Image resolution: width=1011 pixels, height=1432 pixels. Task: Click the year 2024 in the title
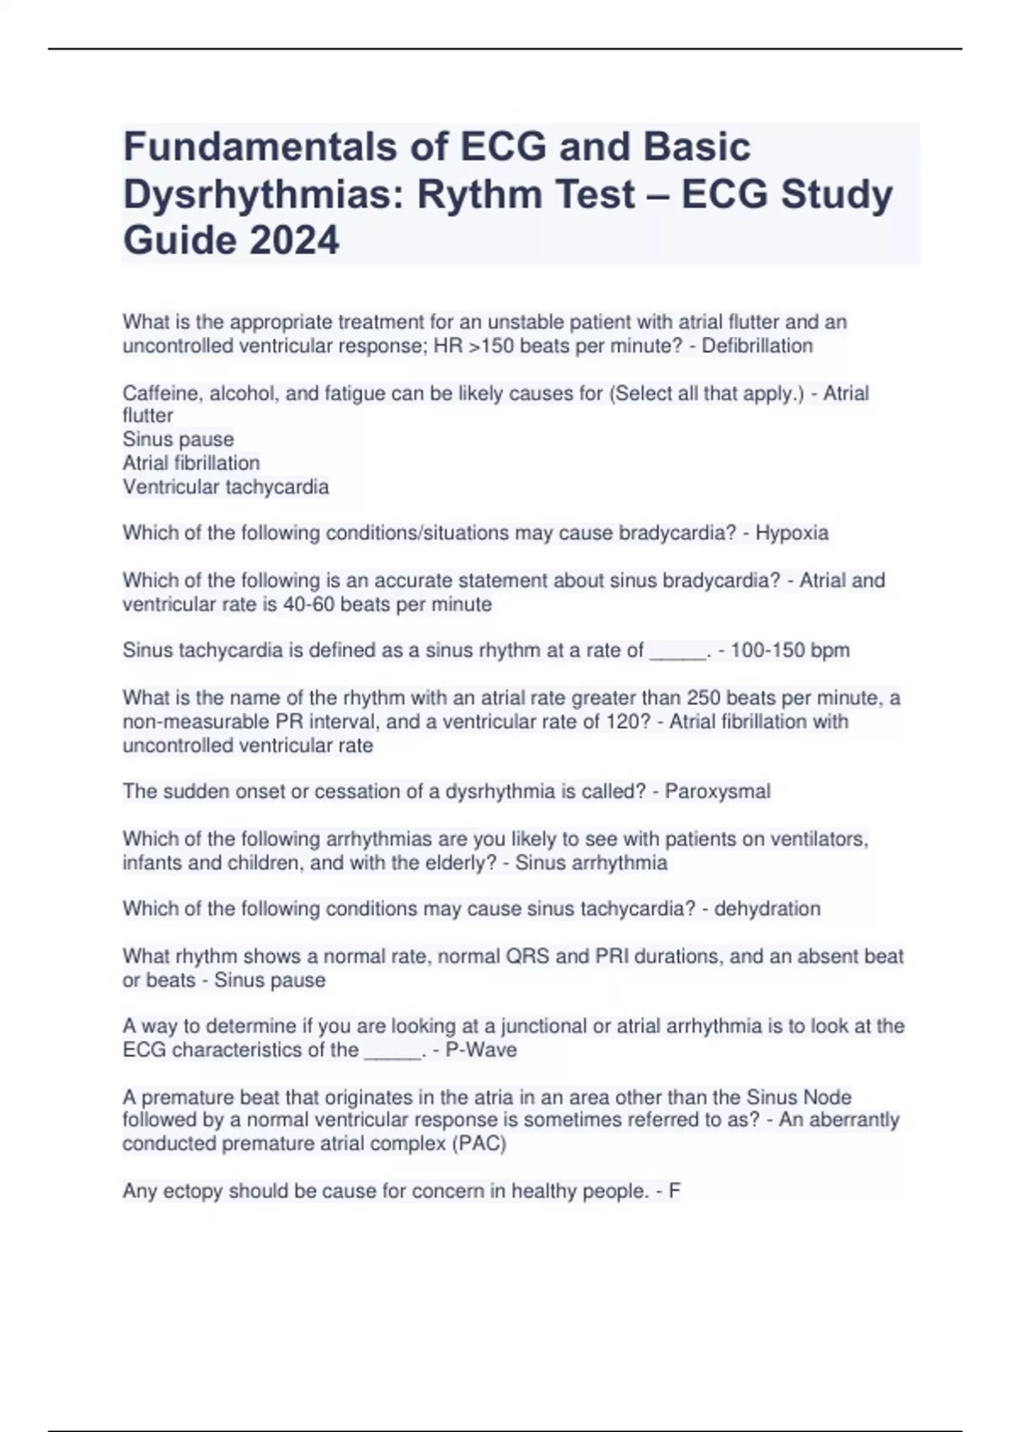tap(293, 240)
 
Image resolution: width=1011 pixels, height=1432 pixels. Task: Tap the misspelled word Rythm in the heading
tap(473, 195)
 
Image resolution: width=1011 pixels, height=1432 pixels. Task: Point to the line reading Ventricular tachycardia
tap(226, 487)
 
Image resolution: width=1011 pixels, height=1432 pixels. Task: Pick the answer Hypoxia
tap(791, 533)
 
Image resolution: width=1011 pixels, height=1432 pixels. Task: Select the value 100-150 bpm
tap(789, 650)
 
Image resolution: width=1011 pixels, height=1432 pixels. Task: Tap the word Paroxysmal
tap(717, 792)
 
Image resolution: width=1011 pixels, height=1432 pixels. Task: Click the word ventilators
tap(817, 839)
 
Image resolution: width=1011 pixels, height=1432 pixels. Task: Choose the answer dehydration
tap(767, 909)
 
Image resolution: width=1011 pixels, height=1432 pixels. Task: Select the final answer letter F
tap(674, 1192)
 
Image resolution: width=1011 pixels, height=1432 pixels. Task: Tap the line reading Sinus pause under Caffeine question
tap(179, 440)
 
